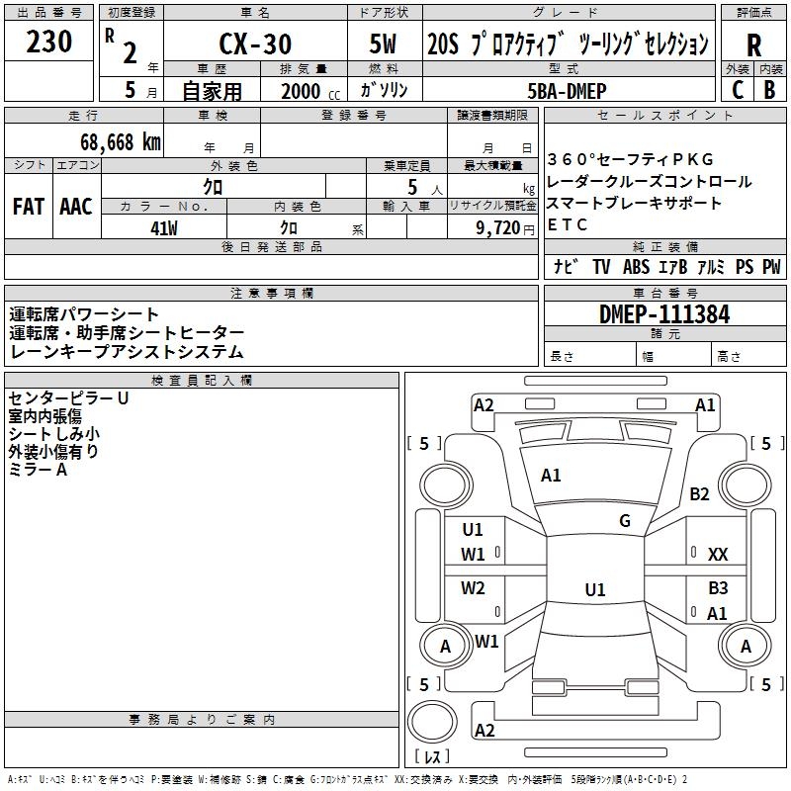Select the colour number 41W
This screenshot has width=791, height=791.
pyautogui.click(x=163, y=228)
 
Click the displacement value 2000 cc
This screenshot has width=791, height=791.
pyautogui.click(x=308, y=91)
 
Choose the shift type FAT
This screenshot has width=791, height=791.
pyautogui.click(x=29, y=207)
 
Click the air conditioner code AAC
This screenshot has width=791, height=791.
pyautogui.click(x=76, y=207)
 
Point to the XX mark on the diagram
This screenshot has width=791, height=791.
pyautogui.click(x=718, y=555)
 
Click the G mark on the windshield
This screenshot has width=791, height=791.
pyautogui.click(x=625, y=521)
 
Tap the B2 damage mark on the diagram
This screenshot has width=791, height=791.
pyautogui.click(x=700, y=493)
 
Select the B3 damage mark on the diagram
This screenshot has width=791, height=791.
pyautogui.click(x=718, y=587)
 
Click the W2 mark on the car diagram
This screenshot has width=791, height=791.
pyautogui.click(x=474, y=588)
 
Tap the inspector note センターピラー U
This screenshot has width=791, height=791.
pyautogui.click(x=68, y=397)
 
